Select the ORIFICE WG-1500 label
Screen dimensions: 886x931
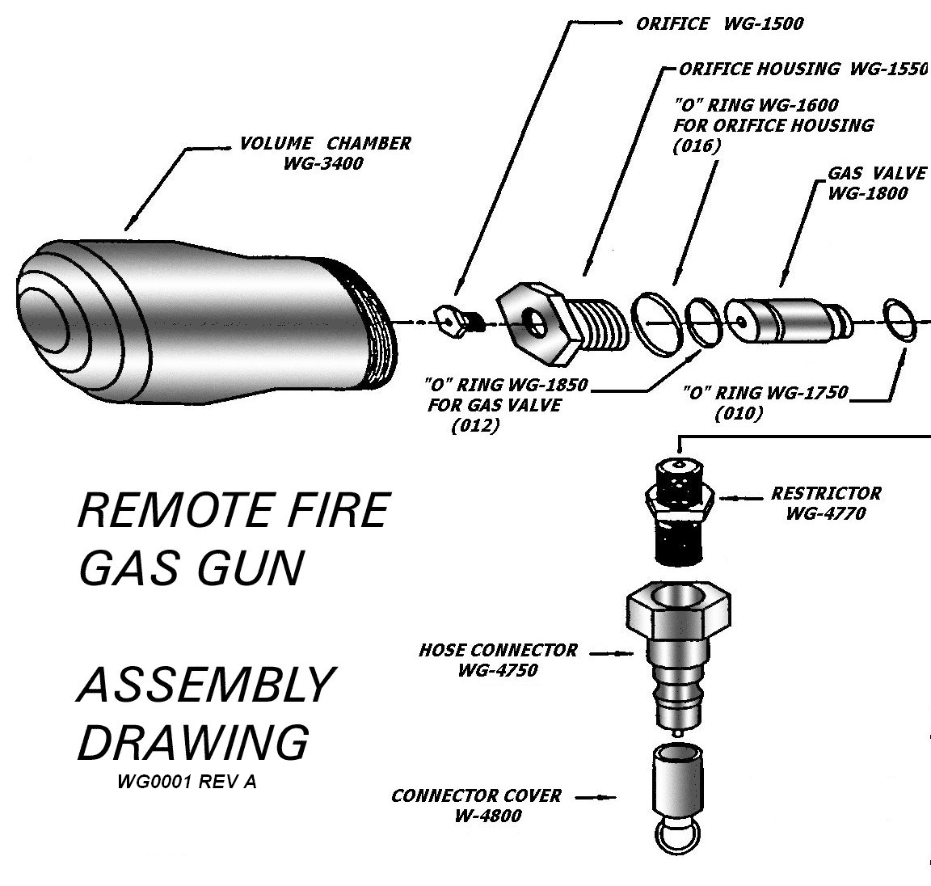(719, 23)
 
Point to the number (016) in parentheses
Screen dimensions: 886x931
(696, 146)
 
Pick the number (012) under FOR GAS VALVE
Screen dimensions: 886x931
(474, 426)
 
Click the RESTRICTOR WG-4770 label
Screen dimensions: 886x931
(825, 503)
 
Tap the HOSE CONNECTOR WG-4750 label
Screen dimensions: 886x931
(498, 660)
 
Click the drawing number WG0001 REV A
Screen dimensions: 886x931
(187, 783)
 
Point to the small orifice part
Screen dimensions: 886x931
(455, 319)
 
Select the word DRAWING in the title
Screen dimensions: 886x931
(193, 741)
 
